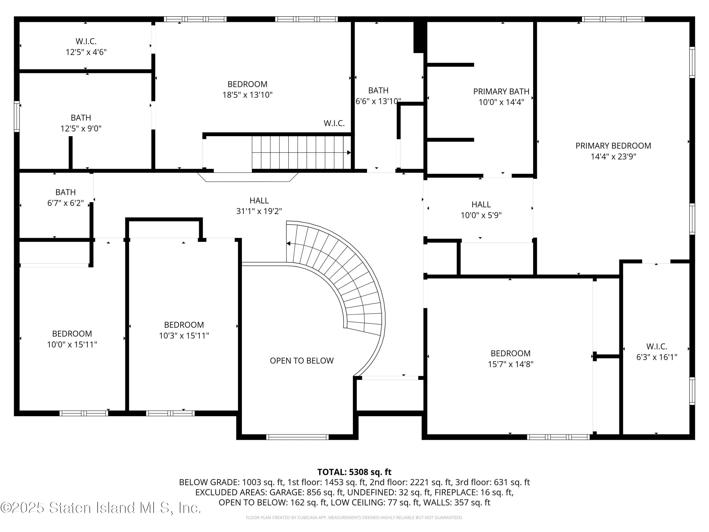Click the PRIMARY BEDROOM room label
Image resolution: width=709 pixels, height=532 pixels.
coord(613,146)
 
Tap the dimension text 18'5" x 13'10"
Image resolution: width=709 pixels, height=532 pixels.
coord(247,95)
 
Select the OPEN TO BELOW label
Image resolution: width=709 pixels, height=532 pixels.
coord(302,361)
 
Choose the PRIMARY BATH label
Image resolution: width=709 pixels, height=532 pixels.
coord(501,92)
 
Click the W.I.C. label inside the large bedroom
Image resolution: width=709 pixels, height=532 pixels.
coord(334,123)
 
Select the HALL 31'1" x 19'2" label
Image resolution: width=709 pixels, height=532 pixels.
coord(259,205)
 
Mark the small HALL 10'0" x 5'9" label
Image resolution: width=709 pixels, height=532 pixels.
coord(481,209)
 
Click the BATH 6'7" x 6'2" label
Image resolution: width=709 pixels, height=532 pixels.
coord(66,197)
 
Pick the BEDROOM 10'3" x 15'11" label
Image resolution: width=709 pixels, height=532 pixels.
coord(184,330)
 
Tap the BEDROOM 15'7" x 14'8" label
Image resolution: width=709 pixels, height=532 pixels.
coord(510,358)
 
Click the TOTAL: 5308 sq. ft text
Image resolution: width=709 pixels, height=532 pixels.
coord(354,472)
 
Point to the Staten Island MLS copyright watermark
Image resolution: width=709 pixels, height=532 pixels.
coord(101,508)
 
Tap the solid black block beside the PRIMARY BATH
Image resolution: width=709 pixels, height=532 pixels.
coord(419,37)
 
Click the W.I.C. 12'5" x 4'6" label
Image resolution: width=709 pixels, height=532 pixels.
coord(86,47)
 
